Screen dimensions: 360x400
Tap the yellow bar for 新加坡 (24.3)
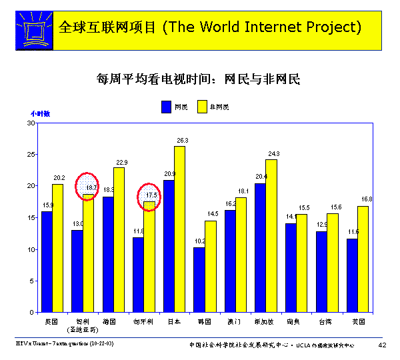tap(271, 235)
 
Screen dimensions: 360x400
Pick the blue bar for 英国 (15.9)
tap(47, 261)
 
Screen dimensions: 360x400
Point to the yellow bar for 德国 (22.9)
tap(119, 239)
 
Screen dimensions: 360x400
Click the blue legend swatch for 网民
tap(166, 107)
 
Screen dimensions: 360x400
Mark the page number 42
tap(382, 345)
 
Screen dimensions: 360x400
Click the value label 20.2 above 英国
tap(59, 178)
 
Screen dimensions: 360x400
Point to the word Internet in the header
tap(273, 27)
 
